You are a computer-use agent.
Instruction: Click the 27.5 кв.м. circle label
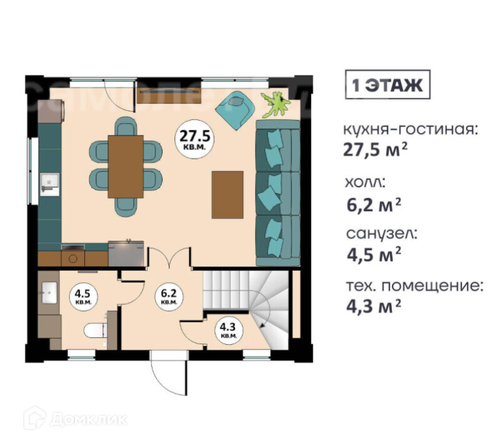(x=194, y=139)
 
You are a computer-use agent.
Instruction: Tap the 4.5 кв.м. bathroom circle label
(x=83, y=296)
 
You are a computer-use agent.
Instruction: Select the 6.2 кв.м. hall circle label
(x=168, y=296)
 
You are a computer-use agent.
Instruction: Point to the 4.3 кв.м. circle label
(x=229, y=330)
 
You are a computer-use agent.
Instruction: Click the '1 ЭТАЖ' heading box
(x=388, y=85)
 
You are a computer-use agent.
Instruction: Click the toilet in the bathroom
(x=96, y=330)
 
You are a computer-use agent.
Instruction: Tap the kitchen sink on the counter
(x=49, y=184)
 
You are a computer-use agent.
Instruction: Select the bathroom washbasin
(x=49, y=292)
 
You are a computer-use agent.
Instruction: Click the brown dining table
(x=126, y=167)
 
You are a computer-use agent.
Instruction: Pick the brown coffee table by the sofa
(x=228, y=195)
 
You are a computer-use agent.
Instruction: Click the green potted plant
(x=275, y=104)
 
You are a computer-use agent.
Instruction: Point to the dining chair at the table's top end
(x=126, y=126)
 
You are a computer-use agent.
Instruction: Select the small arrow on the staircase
(x=263, y=325)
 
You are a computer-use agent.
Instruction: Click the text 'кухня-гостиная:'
(x=411, y=130)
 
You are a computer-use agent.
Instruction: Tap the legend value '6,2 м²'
(x=374, y=205)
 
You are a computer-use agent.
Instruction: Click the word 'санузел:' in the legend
(x=382, y=234)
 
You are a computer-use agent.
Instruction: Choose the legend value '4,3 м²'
(x=374, y=306)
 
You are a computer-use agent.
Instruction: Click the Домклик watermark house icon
(x=34, y=418)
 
